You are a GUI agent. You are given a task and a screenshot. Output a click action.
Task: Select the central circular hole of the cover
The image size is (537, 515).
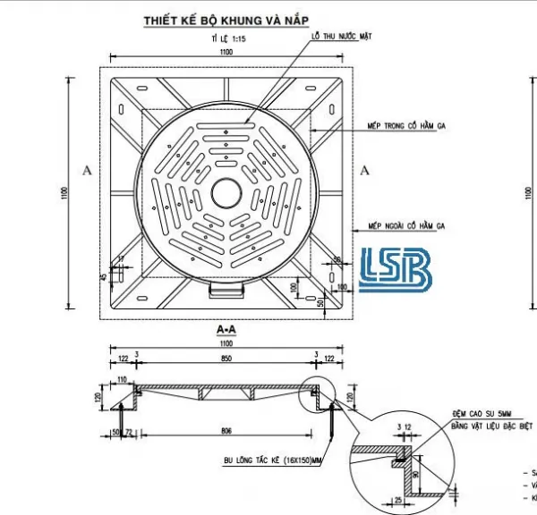tap(225, 192)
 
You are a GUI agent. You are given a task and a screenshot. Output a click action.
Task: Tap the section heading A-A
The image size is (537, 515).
tap(226, 329)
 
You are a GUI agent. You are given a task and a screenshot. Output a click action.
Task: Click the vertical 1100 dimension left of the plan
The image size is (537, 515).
tap(64, 193)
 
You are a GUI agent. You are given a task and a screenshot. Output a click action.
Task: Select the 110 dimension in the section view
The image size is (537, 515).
tap(123, 380)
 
